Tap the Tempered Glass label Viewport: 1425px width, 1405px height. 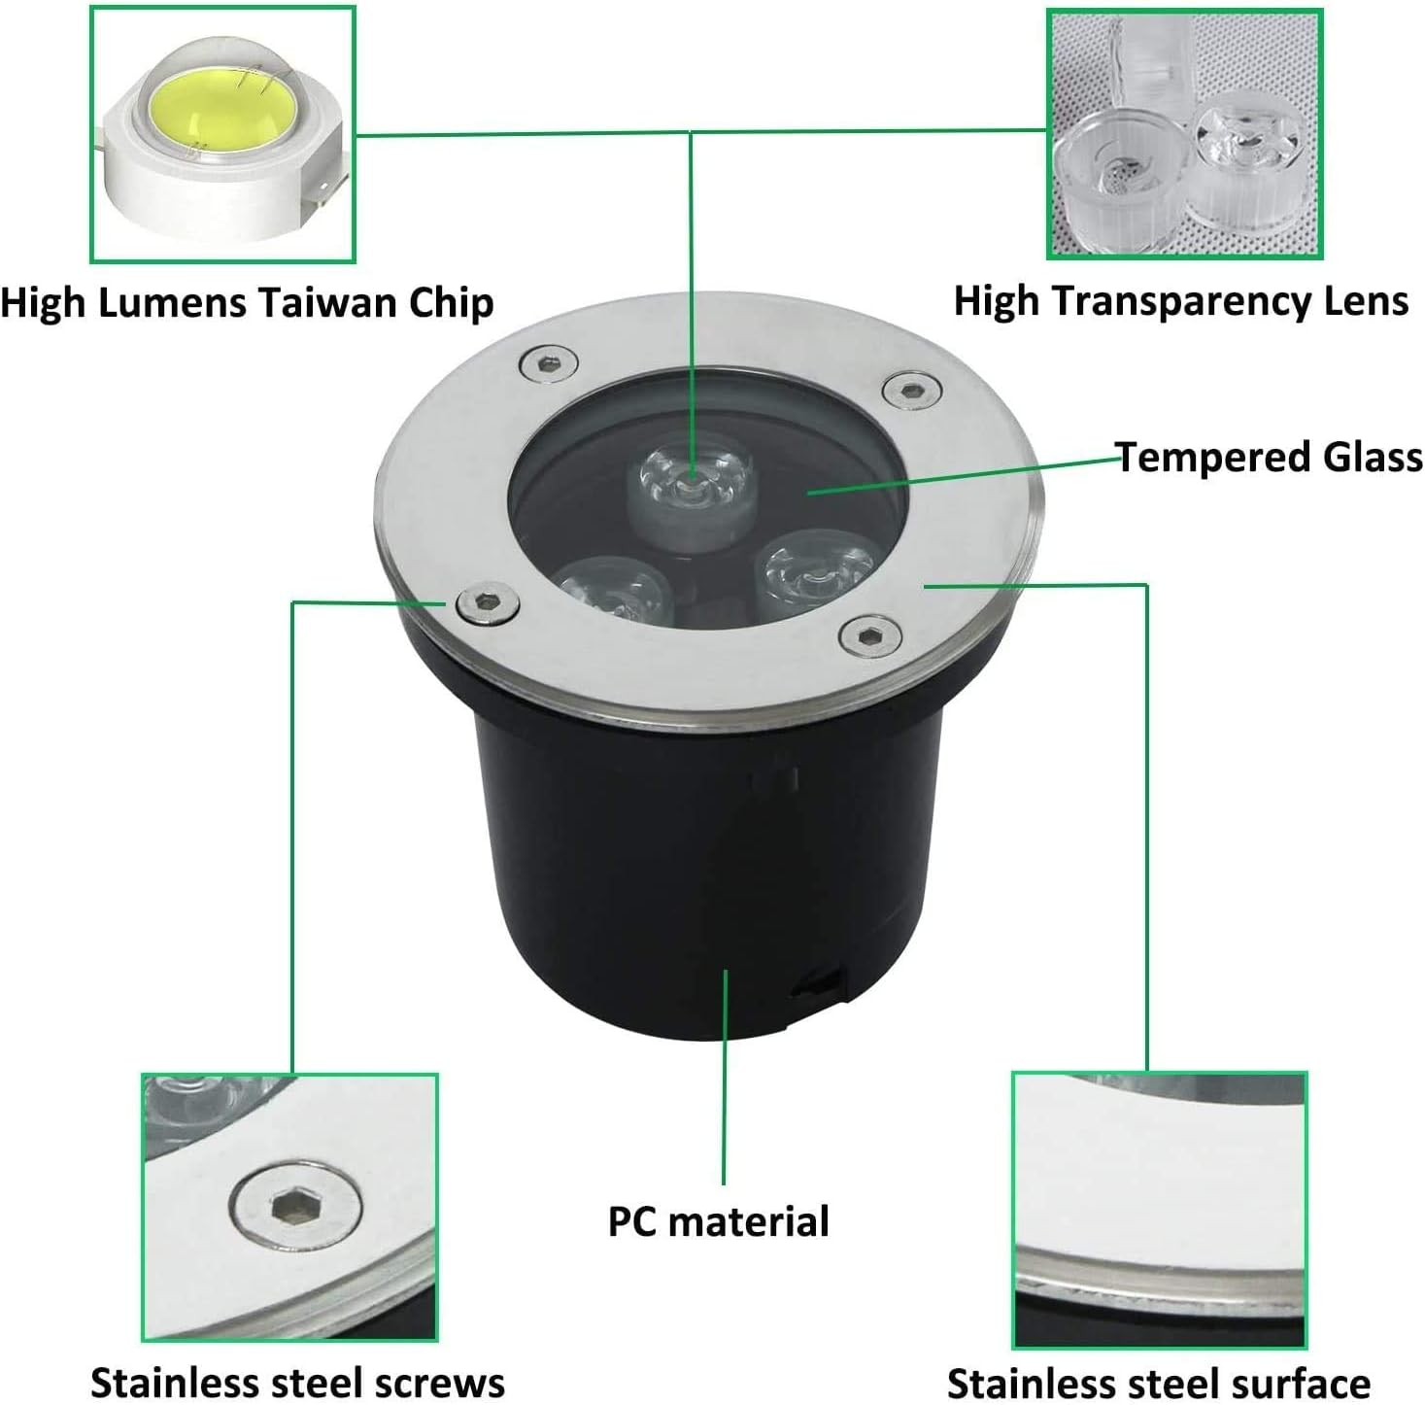tap(1269, 457)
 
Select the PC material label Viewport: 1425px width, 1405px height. tap(718, 1221)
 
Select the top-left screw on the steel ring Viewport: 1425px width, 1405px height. tap(548, 365)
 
